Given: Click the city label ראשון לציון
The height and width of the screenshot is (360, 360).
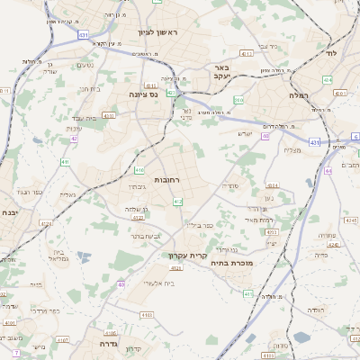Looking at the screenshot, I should [158, 33].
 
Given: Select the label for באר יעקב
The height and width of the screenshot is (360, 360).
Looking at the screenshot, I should [222, 73].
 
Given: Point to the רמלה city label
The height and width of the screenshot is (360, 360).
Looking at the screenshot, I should [299, 94].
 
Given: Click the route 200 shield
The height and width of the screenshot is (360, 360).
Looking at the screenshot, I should [238, 100].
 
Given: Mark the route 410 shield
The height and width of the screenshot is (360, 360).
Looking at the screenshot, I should [139, 169].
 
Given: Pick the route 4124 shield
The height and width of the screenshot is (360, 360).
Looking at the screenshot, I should [176, 267].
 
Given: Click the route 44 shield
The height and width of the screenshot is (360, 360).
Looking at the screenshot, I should [329, 169].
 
